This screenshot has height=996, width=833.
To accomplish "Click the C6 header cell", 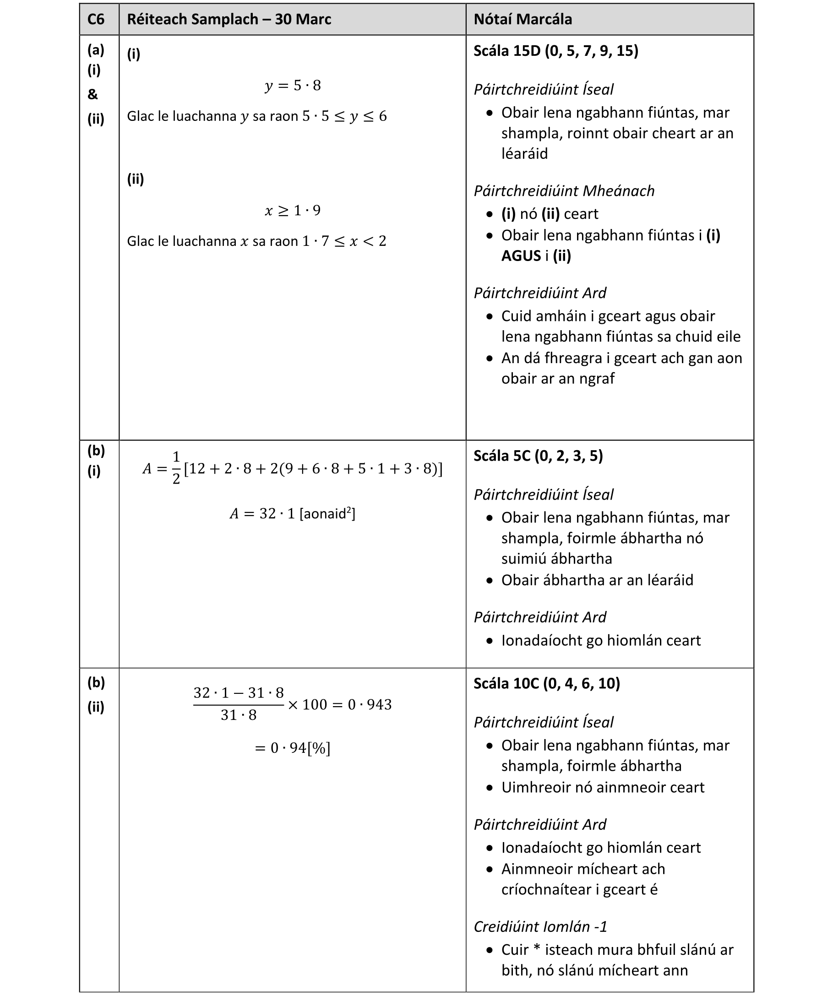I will tap(96, 19).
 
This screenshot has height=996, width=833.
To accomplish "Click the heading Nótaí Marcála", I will tap(523, 19).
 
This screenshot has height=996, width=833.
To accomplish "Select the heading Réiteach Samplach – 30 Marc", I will tap(229, 19).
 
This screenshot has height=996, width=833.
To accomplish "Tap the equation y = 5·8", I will tap(293, 86).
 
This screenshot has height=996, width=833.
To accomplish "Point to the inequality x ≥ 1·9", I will tap(293, 211).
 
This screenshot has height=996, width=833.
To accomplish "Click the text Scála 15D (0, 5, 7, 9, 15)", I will tap(556, 51).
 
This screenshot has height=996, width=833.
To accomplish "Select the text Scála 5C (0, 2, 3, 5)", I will tap(539, 456).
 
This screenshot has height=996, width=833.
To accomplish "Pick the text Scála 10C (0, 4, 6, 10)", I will tap(547, 683).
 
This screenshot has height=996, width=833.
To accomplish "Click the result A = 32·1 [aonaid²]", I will tap(293, 514).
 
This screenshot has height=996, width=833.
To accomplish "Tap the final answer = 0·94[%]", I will tap(293, 748).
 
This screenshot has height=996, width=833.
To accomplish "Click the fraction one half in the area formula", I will tap(176, 468).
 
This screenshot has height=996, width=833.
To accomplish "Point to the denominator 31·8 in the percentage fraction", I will tap(239, 716).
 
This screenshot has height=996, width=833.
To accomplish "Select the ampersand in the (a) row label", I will tap(93, 94).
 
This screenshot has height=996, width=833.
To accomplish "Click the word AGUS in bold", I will tap(521, 256).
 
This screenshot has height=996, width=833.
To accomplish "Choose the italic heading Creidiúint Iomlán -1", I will tap(540, 927).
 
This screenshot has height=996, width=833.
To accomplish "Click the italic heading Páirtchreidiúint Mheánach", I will tap(564, 191).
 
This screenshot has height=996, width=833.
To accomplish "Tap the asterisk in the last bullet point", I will tap(537, 950).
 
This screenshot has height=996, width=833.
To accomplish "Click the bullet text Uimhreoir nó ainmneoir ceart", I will tap(603, 787).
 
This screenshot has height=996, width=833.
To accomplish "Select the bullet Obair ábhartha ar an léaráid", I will tap(597, 580).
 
